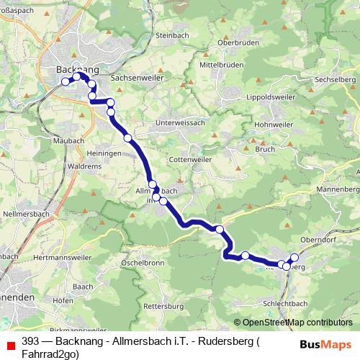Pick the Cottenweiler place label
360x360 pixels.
click(x=186, y=159)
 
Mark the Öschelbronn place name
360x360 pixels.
click(x=143, y=263)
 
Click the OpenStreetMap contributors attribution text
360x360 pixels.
click(x=297, y=323)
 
